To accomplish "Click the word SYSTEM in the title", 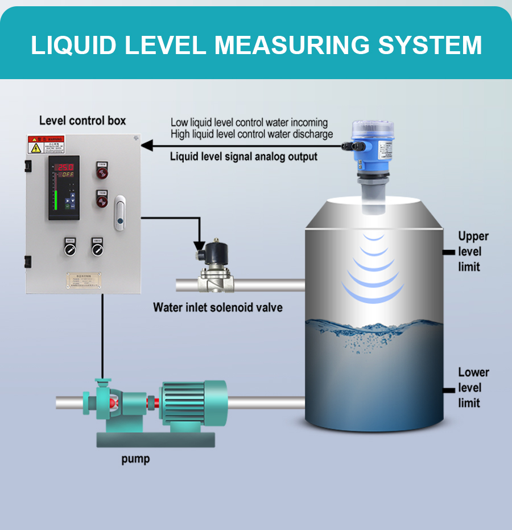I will pyautogui.click(x=430, y=45).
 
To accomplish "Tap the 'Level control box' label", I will pyautogui.click(x=82, y=121).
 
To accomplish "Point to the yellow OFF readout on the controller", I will pyautogui.click(x=64, y=175).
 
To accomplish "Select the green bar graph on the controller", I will pyautogui.click(x=57, y=200).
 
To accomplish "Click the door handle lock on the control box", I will pyautogui.click(x=119, y=214).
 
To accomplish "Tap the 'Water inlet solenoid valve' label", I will pyautogui.click(x=217, y=307).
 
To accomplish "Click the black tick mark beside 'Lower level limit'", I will pyautogui.click(x=448, y=390).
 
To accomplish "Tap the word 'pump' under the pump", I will pyautogui.click(x=135, y=458).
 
